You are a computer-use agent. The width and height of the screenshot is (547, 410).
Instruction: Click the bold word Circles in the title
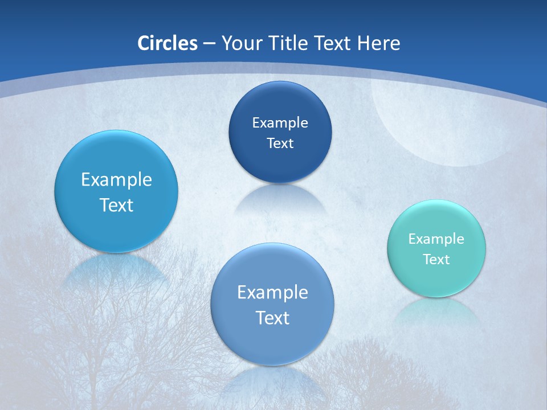tap(167, 43)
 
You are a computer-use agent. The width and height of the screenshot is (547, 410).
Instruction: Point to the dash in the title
tap(209, 44)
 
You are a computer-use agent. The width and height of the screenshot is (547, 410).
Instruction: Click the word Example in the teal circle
tap(436, 239)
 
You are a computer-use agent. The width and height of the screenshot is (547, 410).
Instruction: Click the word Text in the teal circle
tap(436, 260)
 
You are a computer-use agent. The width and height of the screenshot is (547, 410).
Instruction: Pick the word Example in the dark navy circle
tap(280, 123)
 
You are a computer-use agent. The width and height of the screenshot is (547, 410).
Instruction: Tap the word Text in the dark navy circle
tap(280, 143)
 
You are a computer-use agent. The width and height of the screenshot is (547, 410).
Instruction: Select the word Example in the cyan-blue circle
tap(116, 180)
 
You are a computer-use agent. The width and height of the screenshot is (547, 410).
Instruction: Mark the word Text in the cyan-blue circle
tap(116, 205)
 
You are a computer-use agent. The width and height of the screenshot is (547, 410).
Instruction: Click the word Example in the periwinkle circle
tap(272, 293)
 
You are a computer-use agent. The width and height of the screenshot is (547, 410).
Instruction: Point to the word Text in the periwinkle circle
tap(272, 318)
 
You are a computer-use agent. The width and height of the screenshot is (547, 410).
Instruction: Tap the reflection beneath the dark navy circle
tap(280, 199)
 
